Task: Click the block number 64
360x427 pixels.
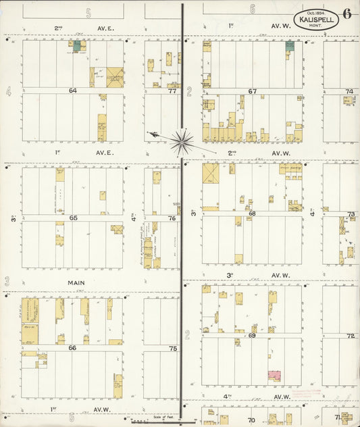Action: [x=73, y=90]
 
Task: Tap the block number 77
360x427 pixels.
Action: [x=173, y=90]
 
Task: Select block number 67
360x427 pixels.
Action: [x=252, y=91]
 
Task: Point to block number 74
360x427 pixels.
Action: [x=349, y=91]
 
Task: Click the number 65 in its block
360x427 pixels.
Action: [x=73, y=218]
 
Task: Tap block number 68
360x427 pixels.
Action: [x=252, y=214]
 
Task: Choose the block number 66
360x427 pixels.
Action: [x=72, y=347]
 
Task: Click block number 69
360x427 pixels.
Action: [x=252, y=336]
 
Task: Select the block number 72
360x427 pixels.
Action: [x=351, y=336]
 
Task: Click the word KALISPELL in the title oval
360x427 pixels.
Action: [x=316, y=20]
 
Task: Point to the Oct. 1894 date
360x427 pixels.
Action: [x=316, y=11]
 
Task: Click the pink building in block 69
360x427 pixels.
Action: [x=274, y=374]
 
